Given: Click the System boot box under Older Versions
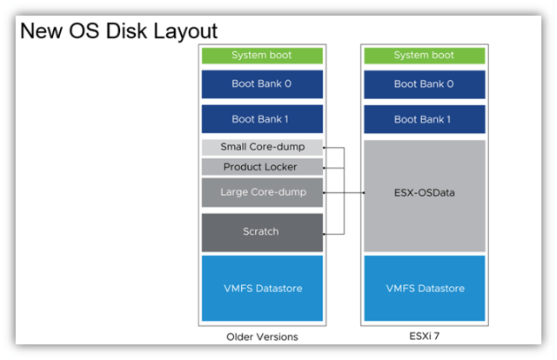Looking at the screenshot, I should [262, 56].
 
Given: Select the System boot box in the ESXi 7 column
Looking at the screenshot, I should [424, 56].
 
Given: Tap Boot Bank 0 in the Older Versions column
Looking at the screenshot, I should [262, 84].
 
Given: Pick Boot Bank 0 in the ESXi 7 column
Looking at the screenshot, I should [424, 84].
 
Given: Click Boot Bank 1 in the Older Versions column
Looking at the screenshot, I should [262, 118].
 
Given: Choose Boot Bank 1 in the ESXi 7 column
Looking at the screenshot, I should [424, 118].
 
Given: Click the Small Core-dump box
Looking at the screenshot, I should [262, 147].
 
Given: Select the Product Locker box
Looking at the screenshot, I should [262, 167].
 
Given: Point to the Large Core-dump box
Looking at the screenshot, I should [262, 192].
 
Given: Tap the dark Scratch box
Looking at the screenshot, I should [262, 231].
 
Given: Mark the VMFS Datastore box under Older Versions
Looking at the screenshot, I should [262, 288].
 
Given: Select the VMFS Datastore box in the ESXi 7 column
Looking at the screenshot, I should [424, 288].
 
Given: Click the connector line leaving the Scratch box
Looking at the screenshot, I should [334, 234].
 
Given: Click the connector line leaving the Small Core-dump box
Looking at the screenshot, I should [334, 148].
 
